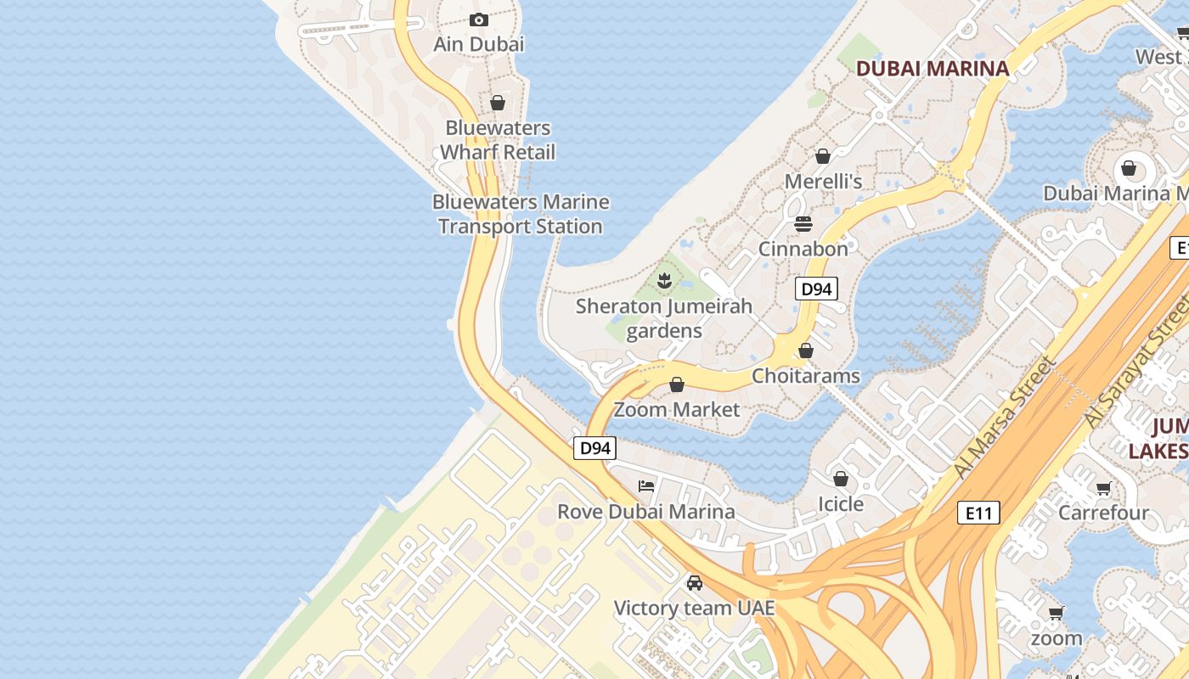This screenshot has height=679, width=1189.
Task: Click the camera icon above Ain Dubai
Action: point(479,20)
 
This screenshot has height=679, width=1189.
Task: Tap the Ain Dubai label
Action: point(479,44)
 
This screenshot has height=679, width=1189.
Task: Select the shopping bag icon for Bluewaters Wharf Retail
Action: point(498,103)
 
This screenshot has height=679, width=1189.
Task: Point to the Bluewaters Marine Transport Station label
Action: point(521,214)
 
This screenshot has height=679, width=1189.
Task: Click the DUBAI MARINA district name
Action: point(932,69)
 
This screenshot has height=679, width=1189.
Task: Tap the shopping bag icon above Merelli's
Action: point(822,156)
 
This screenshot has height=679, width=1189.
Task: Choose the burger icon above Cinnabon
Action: point(803,224)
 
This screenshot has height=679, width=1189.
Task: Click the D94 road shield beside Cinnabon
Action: point(816,289)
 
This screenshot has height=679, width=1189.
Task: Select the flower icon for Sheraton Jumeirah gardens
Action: point(664,279)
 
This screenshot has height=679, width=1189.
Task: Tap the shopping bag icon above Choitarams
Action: point(806,351)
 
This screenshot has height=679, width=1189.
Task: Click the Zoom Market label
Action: point(676,410)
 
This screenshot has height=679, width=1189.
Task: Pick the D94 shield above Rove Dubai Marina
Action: point(594,448)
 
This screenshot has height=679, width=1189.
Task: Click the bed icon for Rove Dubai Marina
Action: point(646,486)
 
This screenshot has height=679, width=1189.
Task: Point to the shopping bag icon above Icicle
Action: point(841,480)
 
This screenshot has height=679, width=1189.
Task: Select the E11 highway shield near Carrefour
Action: point(978,513)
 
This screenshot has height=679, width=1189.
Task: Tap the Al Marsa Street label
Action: point(1004,418)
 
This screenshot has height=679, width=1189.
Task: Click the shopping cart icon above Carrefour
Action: point(1103,488)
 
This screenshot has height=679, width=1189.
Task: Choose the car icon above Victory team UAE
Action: point(695,583)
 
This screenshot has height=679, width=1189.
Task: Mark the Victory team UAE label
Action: point(694,609)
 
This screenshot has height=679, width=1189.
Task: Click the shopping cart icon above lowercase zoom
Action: point(1056,614)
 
